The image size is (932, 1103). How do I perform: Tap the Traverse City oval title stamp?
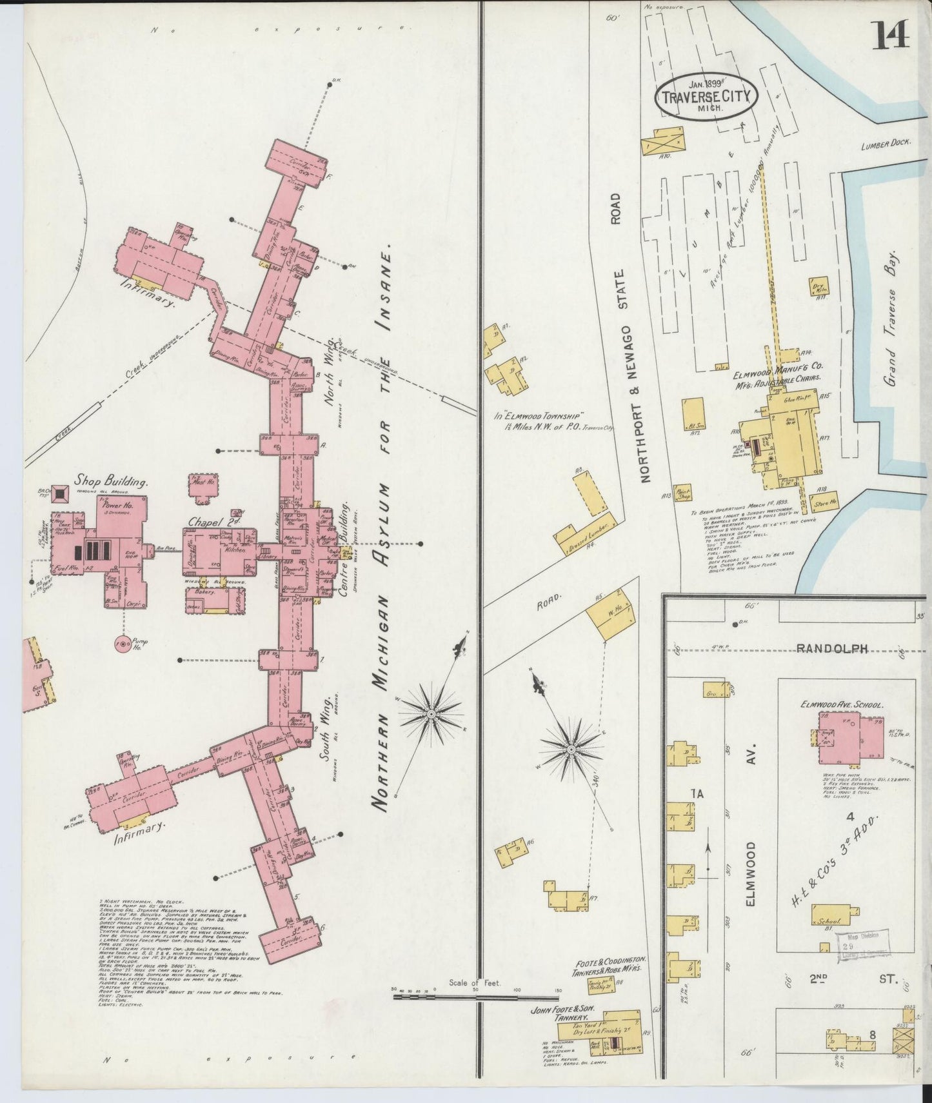(706, 97)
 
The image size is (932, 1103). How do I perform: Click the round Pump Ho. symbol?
(121, 644)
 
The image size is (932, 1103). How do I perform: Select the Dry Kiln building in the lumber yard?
(820, 288)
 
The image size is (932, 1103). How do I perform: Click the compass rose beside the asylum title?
(431, 714)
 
